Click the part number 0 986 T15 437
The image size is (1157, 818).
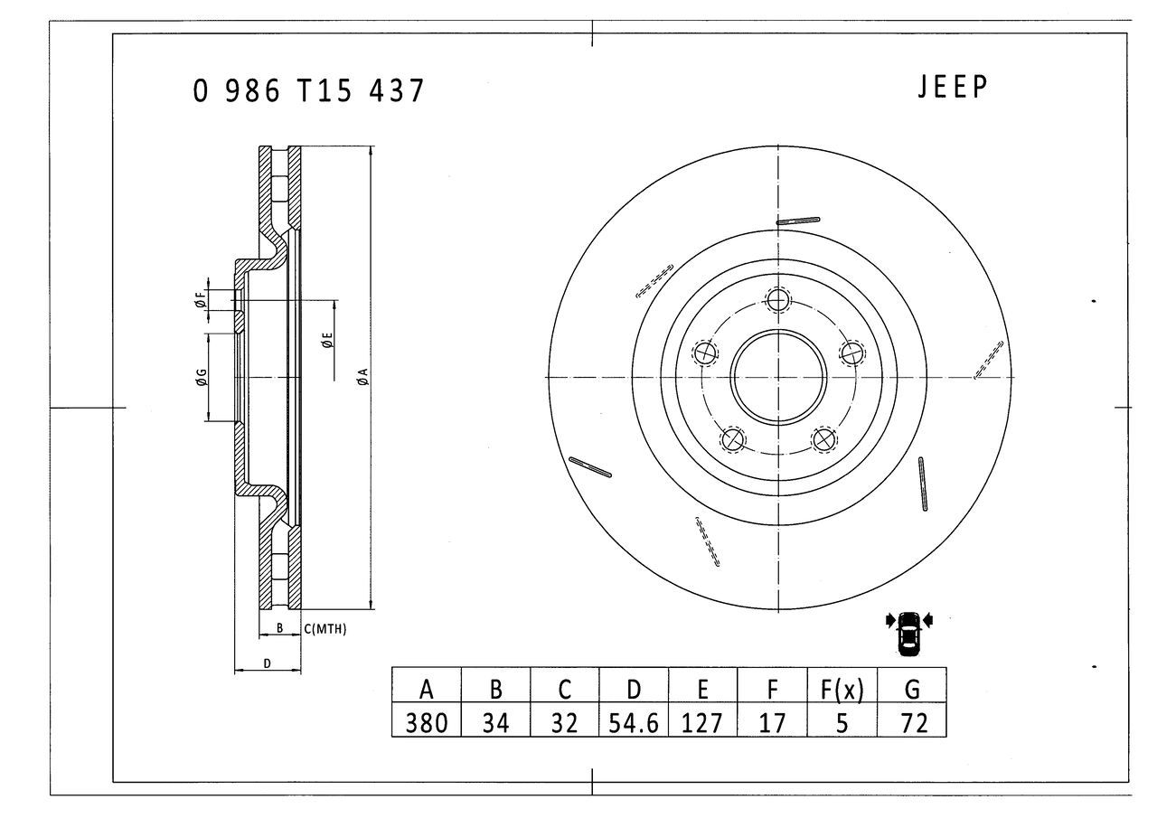308,90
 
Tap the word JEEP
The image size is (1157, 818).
953,87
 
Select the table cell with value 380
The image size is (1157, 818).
426,720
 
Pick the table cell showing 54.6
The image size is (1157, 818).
634,720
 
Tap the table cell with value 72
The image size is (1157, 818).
912,720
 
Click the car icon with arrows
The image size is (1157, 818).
909,634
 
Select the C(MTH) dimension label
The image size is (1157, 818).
325,629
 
